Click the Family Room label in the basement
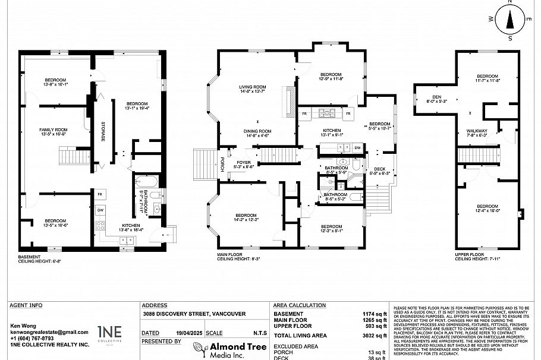54,132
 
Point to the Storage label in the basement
102,130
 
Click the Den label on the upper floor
436,98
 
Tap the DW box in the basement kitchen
100,210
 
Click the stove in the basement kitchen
100,225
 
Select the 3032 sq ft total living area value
376,336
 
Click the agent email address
49,332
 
